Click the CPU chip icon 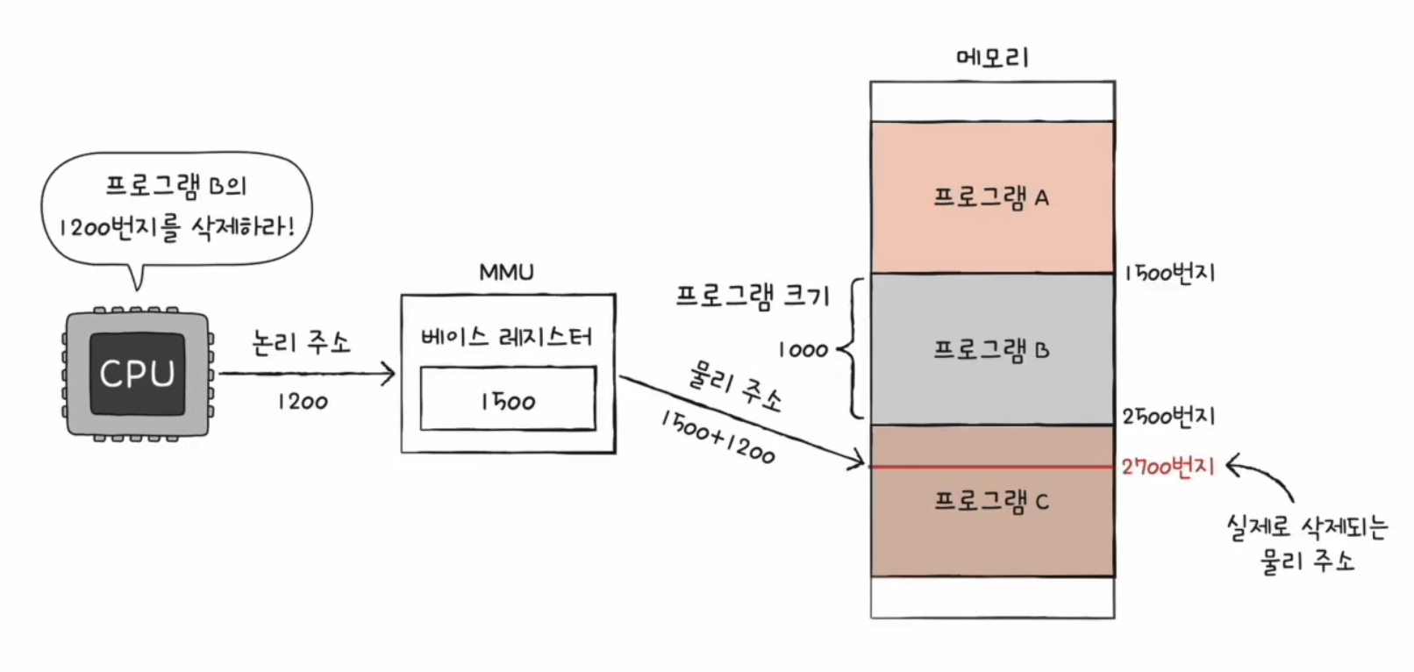click(137, 374)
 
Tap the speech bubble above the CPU click(176, 207)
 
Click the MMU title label click(506, 272)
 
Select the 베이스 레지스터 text click(506, 337)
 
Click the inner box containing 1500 click(508, 399)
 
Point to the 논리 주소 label click(301, 341)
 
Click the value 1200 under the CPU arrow click(303, 402)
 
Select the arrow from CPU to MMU click(307, 375)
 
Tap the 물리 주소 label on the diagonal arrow click(733, 387)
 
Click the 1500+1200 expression click(718, 436)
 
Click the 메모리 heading click(992, 58)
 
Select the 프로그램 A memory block click(992, 197)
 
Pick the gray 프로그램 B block click(992, 349)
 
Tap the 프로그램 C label click(991, 501)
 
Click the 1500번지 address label click(1169, 273)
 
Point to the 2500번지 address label click(1169, 416)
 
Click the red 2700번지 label click(1168, 467)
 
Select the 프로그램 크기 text click(753, 296)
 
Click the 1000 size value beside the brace click(803, 350)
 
